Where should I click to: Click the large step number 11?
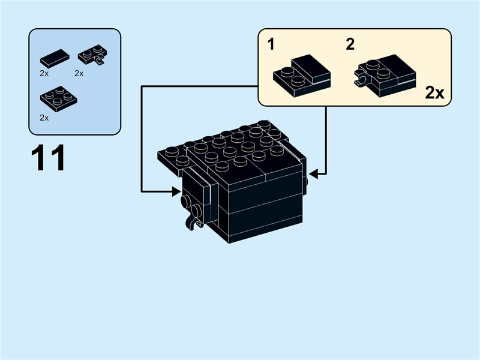pyautogui.click(x=48, y=159)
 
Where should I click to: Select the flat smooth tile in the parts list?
pyautogui.click(x=55, y=59)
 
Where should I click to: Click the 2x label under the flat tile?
pyautogui.click(x=44, y=73)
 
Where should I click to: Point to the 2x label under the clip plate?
pyautogui.click(x=79, y=73)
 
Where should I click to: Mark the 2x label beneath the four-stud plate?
pyautogui.click(x=44, y=118)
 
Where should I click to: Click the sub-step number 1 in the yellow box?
pyautogui.click(x=271, y=44)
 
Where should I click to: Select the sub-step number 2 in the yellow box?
pyautogui.click(x=350, y=44)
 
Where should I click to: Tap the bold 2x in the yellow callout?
pyautogui.click(x=434, y=93)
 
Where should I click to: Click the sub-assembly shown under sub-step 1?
pyautogui.click(x=302, y=74)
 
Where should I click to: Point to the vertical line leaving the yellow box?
pyautogui.click(x=326, y=138)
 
